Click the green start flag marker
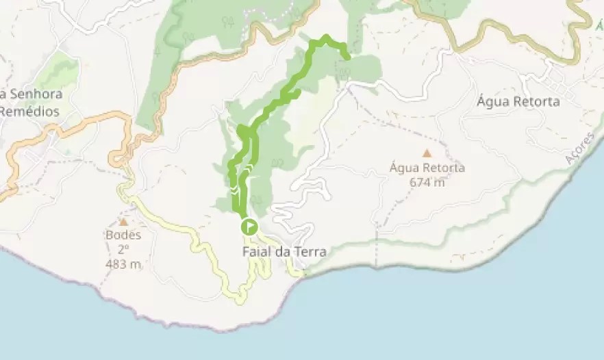tap(249, 227)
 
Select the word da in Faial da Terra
tap(284, 252)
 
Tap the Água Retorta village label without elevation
tap(518, 102)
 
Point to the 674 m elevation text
tap(427, 182)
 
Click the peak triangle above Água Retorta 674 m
tap(427, 153)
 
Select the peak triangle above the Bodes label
tap(123, 222)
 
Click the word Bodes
tap(123, 235)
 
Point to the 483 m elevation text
tap(123, 264)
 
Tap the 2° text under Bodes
tap(123, 249)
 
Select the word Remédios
tap(29, 111)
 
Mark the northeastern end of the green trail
tap(348, 57)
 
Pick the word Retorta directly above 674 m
tap(444, 168)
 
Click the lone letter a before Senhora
tap(3, 94)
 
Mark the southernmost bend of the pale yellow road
tap(239, 300)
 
